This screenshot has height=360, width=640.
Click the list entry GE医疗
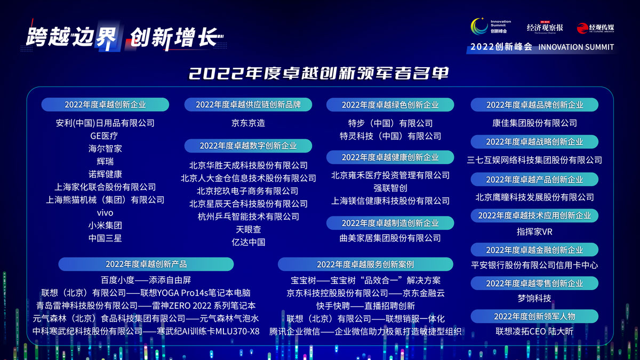tap(104, 135)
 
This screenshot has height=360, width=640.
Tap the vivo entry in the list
tap(105, 213)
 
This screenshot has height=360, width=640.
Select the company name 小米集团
tap(105, 226)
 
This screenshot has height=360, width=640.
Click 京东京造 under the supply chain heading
tap(248, 123)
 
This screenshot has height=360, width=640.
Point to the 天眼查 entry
tap(249, 229)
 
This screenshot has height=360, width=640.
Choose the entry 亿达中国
tap(249, 242)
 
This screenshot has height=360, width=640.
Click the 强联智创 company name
tap(390, 188)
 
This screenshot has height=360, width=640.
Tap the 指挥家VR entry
tap(534, 231)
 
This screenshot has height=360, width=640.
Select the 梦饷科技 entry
tap(534, 298)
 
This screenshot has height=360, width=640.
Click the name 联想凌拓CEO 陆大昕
tap(534, 331)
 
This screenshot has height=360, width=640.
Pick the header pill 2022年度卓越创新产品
tap(146, 265)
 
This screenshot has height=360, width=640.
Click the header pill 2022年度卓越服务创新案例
tap(365, 265)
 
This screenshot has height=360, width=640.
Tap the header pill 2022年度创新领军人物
tap(534, 316)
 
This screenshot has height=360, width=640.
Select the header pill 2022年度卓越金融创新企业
tap(534, 250)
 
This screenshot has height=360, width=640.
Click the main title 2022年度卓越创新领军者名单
tap(318, 73)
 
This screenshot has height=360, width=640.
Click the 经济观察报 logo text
tap(545, 28)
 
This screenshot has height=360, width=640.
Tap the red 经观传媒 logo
tap(595, 28)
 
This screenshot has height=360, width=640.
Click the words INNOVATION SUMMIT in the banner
tap(576, 47)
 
